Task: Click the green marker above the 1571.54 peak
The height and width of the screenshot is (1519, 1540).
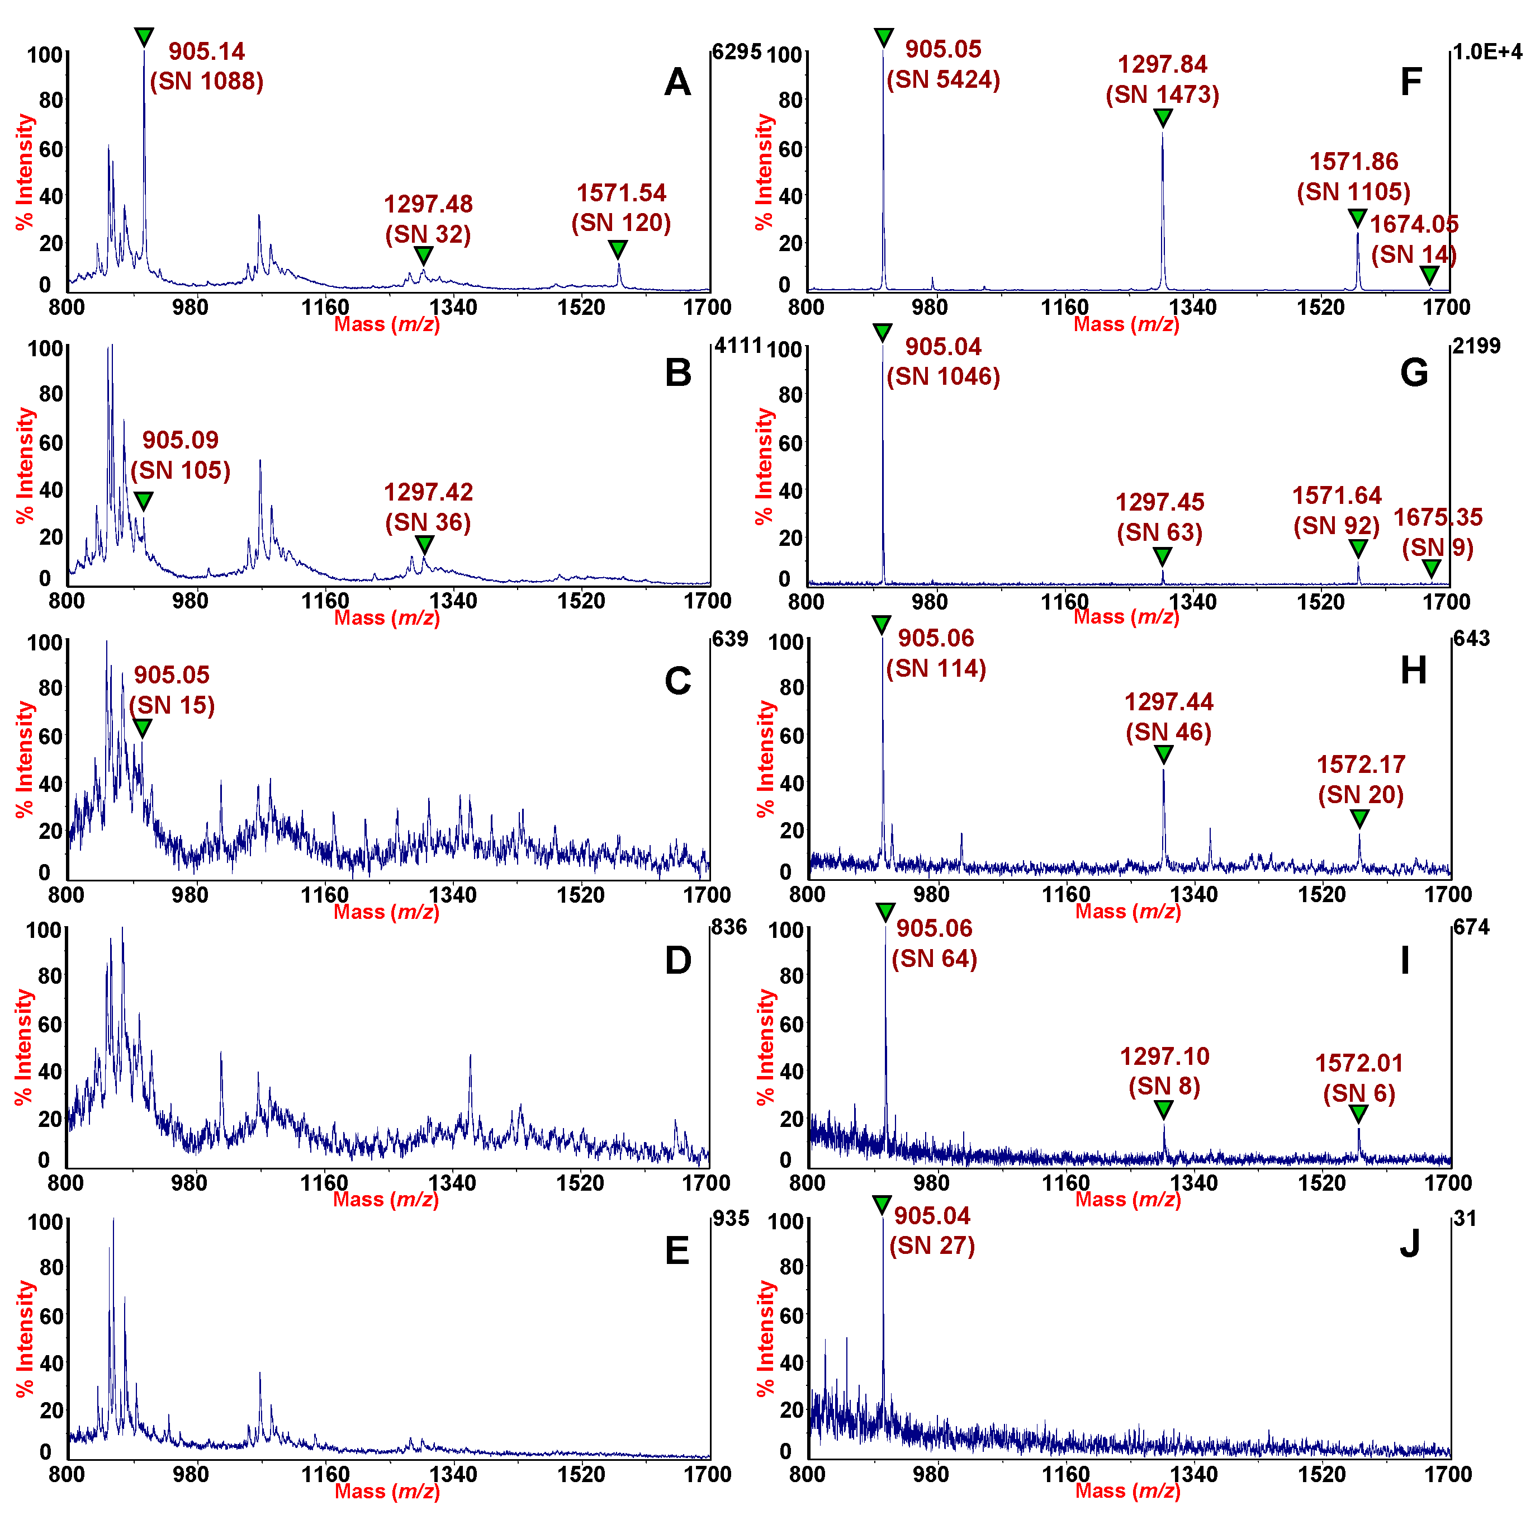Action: pyautogui.click(x=618, y=249)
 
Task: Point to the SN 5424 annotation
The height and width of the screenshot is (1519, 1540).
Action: pyautogui.click(x=943, y=79)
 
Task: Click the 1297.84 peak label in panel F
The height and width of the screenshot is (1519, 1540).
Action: pyautogui.click(x=1162, y=64)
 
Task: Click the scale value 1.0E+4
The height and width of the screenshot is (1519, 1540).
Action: pyautogui.click(x=1487, y=52)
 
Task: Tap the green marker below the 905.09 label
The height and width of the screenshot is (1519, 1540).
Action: pyautogui.click(x=143, y=501)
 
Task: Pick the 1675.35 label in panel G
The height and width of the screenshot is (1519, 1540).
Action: pyautogui.click(x=1437, y=517)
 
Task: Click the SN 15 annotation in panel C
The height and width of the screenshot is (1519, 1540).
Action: pyautogui.click(x=172, y=705)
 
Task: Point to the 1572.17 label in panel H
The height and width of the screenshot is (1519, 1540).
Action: pyautogui.click(x=1361, y=764)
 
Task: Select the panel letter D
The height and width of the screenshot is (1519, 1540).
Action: pyautogui.click(x=677, y=960)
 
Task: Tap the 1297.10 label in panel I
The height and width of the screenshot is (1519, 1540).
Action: pyautogui.click(x=1164, y=1056)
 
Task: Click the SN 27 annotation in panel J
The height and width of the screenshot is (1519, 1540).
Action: pyautogui.click(x=932, y=1246)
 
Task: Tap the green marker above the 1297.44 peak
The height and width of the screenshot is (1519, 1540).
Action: pyautogui.click(x=1164, y=753)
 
